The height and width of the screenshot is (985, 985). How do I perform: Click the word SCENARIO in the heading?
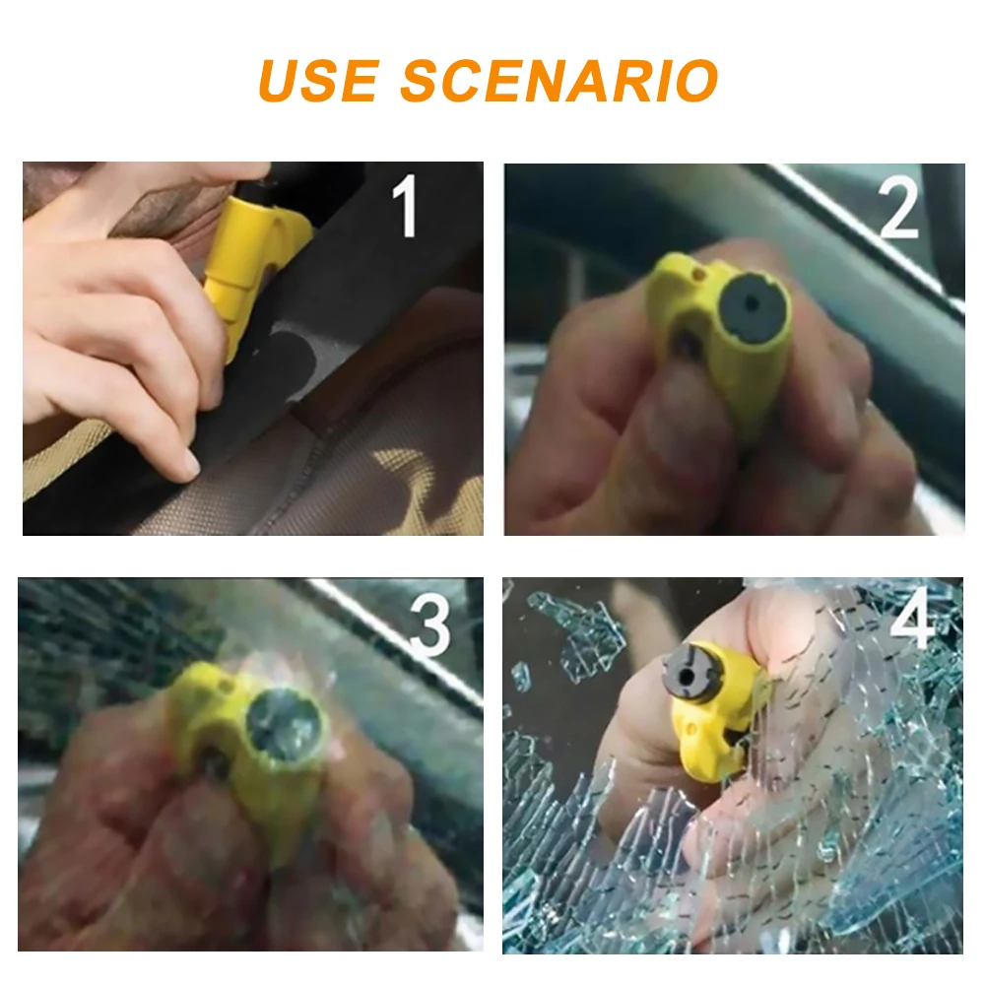(x=559, y=81)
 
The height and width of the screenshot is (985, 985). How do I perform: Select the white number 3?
(x=430, y=626)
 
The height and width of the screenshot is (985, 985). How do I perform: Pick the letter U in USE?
(x=281, y=81)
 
